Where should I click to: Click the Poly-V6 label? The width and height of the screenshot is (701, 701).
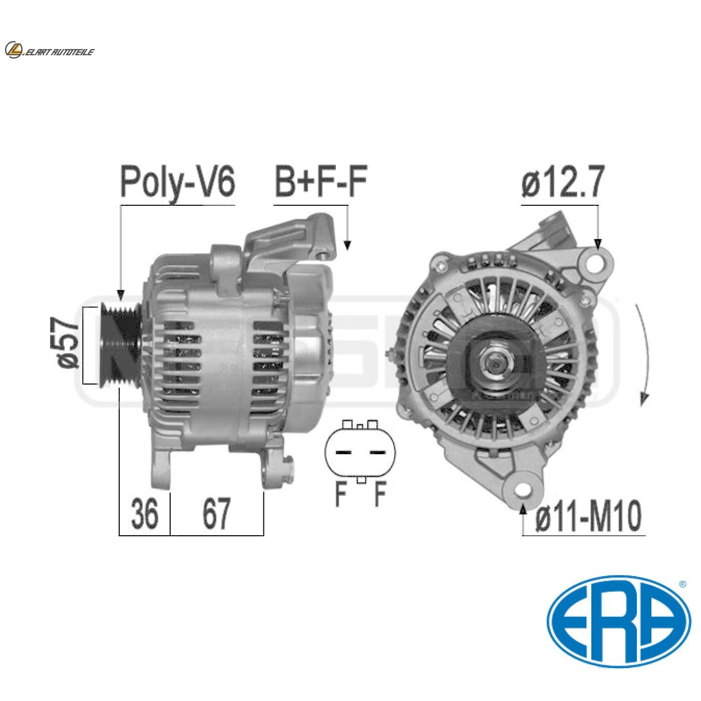[x=177, y=183]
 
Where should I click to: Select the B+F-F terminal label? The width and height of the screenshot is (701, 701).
[x=320, y=183]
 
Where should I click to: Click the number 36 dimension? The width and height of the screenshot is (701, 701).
[x=145, y=514]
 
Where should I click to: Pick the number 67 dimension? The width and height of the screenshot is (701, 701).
[x=216, y=514]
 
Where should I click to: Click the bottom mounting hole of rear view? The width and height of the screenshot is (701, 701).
[x=524, y=489]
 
